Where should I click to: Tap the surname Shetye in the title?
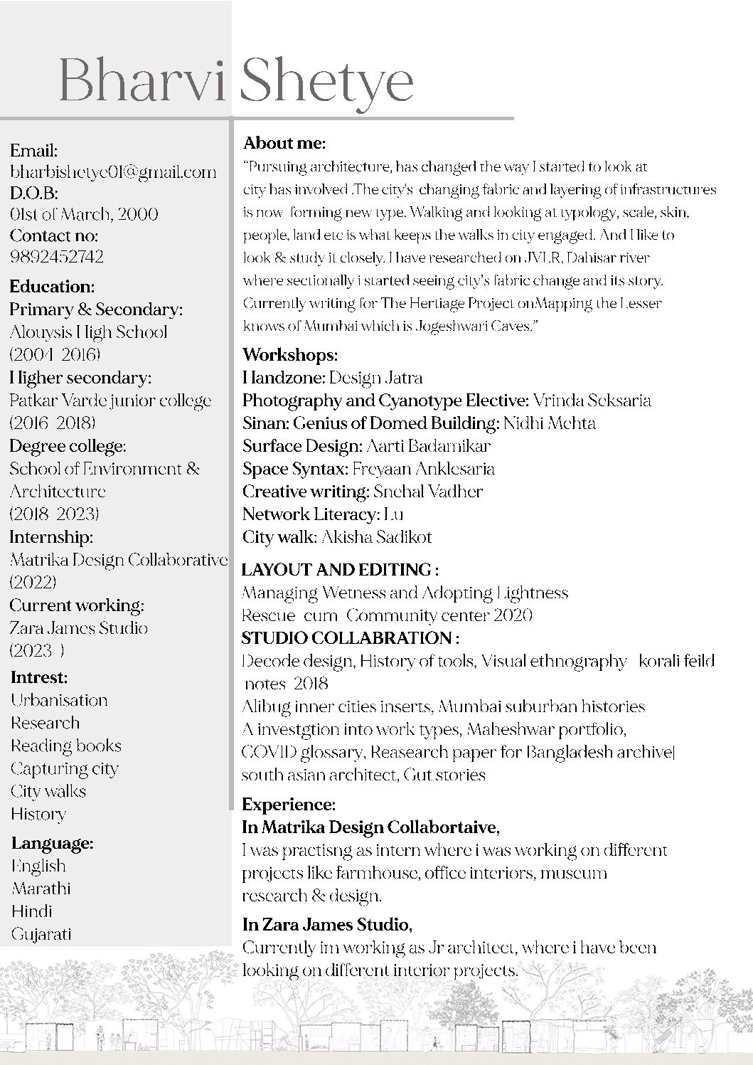(x=327, y=83)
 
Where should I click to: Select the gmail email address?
(x=113, y=171)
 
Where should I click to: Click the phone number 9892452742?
(x=57, y=257)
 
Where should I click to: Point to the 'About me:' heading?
(x=284, y=143)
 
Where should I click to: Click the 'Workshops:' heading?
(x=290, y=354)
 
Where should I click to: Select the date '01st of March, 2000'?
(x=84, y=214)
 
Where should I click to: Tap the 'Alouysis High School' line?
(x=89, y=332)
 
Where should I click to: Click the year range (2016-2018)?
(x=53, y=423)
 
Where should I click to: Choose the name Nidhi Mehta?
(x=550, y=423)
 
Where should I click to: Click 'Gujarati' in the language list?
(x=41, y=934)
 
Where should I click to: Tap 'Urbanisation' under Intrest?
(x=59, y=700)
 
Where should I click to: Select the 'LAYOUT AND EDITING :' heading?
(x=340, y=570)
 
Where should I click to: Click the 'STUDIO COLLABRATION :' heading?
(x=351, y=637)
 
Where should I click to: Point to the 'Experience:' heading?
(x=288, y=805)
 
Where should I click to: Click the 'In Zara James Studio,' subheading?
(x=327, y=925)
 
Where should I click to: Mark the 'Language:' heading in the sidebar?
(x=53, y=844)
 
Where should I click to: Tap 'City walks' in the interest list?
(x=48, y=791)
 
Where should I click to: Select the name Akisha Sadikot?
(x=377, y=537)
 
